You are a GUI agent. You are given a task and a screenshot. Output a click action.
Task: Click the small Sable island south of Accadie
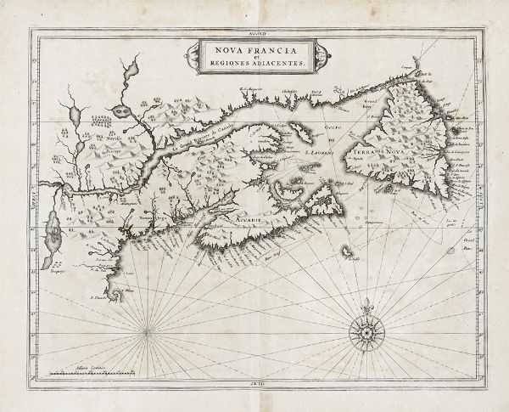coord(347,251)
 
